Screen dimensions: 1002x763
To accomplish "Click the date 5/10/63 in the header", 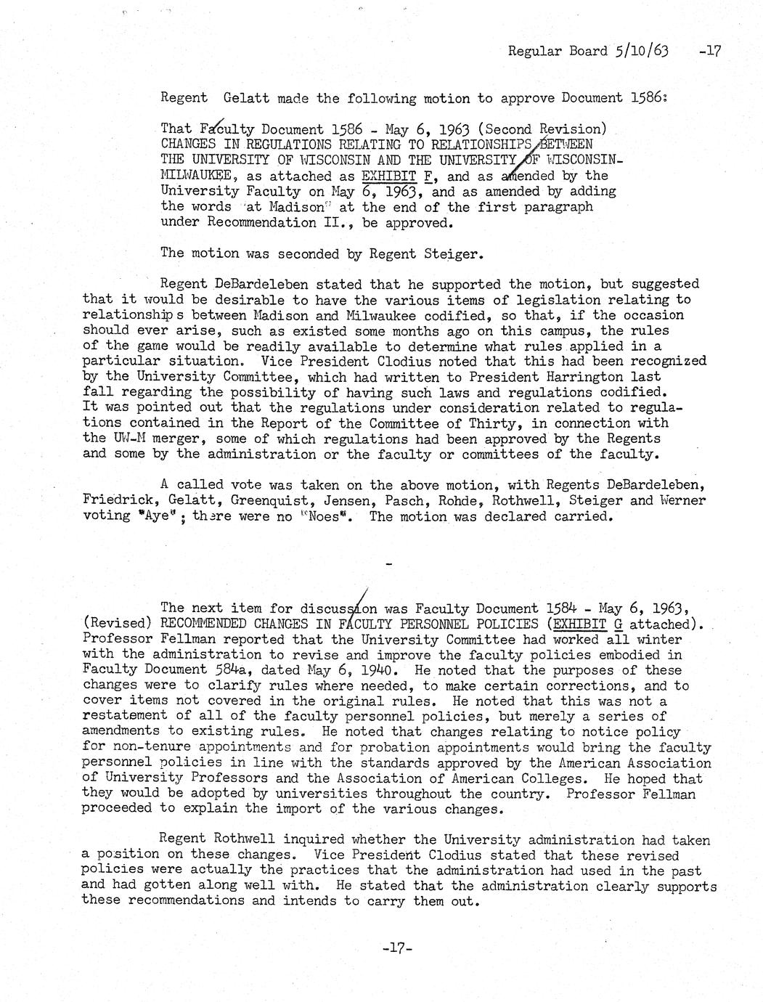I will (640, 51).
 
